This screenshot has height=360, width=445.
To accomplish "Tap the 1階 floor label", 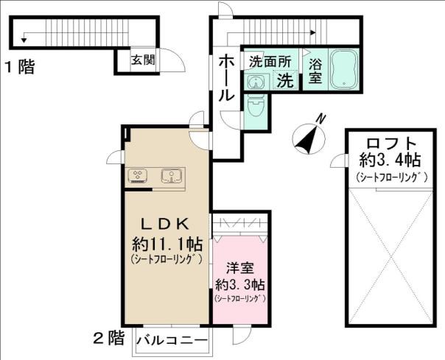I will [x=20, y=68].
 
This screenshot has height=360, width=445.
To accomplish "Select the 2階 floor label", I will [x=109, y=339].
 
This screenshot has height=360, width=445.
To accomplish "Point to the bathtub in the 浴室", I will [x=342, y=68].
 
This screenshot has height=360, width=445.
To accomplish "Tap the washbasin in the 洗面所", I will [x=256, y=82].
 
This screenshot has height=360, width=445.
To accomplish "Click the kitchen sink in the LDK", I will [x=173, y=176].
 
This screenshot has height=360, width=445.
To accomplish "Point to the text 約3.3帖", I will [x=239, y=284].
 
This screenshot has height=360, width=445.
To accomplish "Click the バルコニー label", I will [x=174, y=339].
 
